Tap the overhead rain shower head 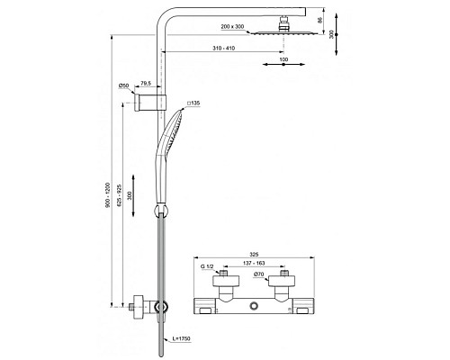pyautogui.click(x=284, y=33)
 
